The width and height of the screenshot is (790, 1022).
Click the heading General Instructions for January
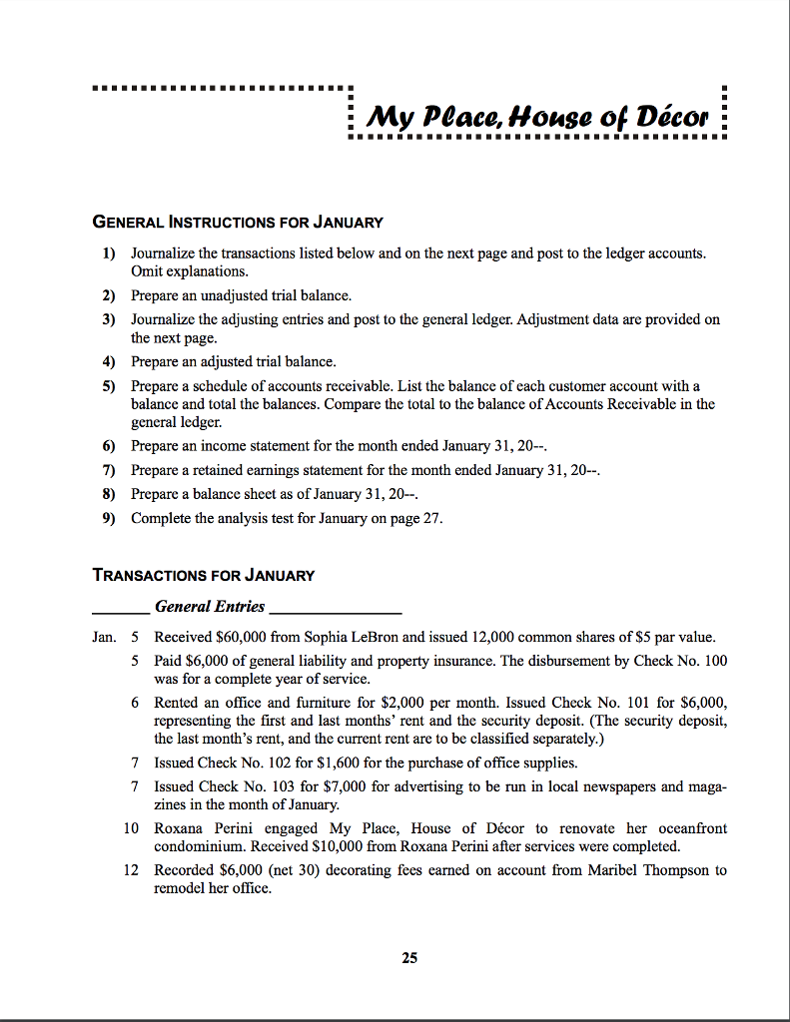(x=238, y=222)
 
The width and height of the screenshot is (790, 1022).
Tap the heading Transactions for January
(x=203, y=575)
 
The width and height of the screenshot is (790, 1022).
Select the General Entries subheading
(x=210, y=606)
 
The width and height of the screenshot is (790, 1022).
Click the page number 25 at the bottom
(x=409, y=958)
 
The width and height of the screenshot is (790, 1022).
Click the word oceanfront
(x=691, y=828)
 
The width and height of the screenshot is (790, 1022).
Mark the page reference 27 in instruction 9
(x=433, y=518)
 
